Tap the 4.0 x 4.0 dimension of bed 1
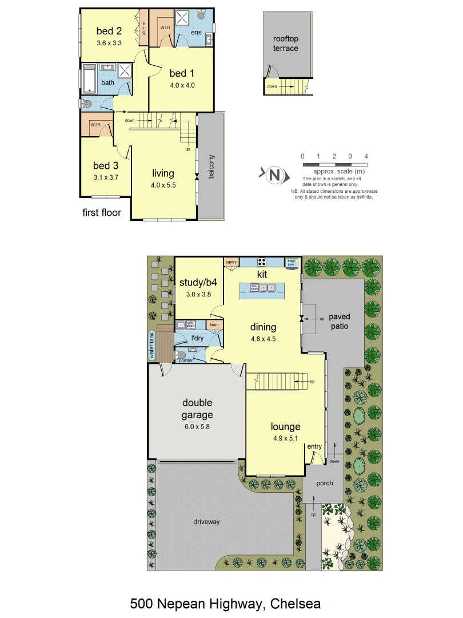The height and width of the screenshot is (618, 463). point(182,85)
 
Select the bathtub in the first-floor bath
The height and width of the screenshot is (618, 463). point(89,78)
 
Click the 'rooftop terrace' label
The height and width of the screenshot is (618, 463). point(285,43)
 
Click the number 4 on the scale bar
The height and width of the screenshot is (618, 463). point(366,156)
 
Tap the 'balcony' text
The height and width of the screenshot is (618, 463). point(211,167)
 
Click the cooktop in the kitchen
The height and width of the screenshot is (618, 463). point(262,262)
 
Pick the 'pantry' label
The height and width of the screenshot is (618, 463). point(231,262)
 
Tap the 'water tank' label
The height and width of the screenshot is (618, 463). point(152,346)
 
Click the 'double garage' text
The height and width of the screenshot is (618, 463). point(197,409)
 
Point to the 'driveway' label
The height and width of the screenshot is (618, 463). point(206,521)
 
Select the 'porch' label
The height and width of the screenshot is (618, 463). point(325,483)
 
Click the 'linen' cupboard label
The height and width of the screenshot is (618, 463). point(214,325)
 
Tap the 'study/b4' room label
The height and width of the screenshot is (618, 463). point(198,282)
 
